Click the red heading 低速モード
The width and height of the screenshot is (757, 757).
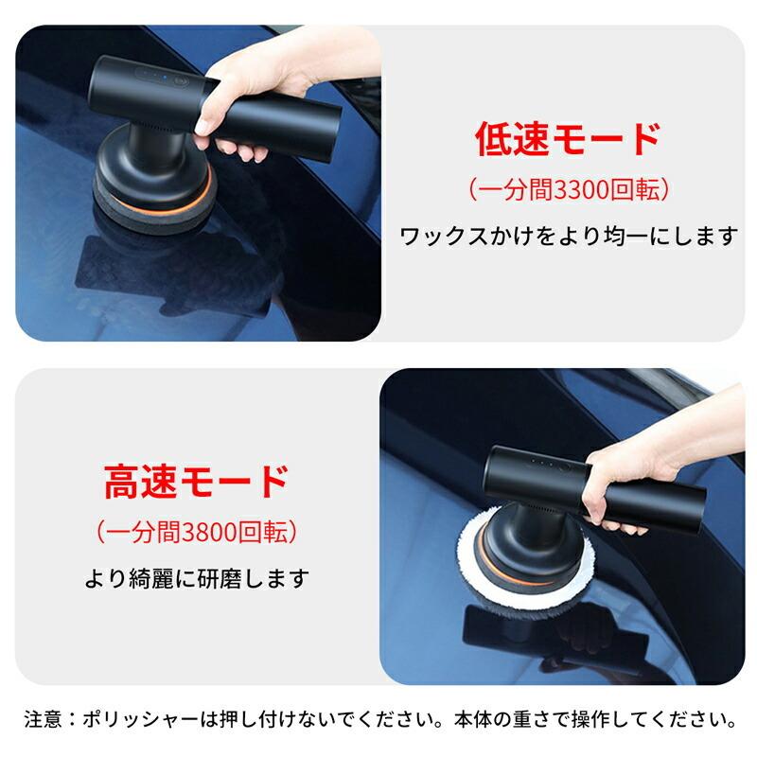(x=567, y=139)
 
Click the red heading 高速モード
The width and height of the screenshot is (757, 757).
(x=195, y=482)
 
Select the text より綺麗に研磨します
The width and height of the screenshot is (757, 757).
(x=196, y=576)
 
